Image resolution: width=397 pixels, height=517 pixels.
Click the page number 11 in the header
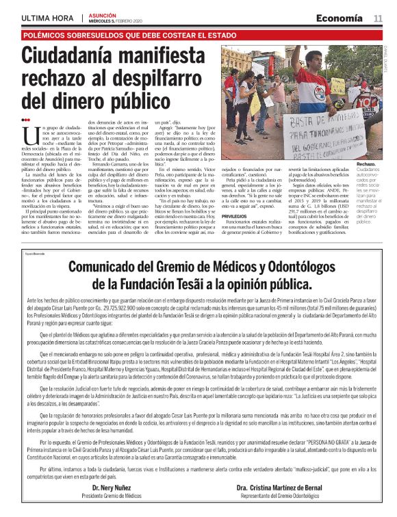point(378,17)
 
